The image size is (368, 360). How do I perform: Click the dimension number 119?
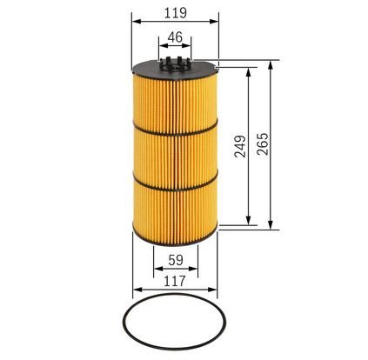point(176,13)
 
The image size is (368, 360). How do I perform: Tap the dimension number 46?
point(175,37)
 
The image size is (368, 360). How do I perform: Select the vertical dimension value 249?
point(240,146)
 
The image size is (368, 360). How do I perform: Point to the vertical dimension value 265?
point(263,144)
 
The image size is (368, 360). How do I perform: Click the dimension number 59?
point(176,260)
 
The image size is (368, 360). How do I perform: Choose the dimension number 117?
point(175,281)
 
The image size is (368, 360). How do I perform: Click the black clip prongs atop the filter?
point(175,63)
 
